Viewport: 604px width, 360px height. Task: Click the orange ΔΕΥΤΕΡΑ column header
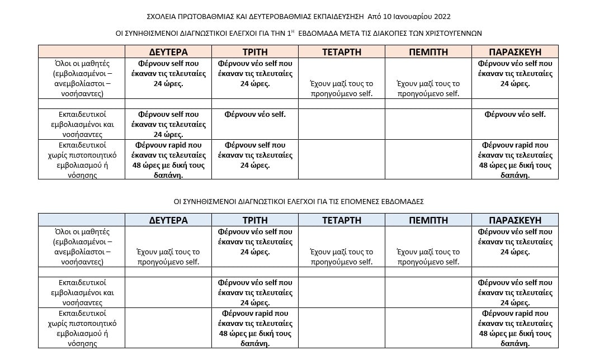(x=168, y=52)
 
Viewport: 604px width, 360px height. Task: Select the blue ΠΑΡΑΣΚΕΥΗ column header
(x=515, y=220)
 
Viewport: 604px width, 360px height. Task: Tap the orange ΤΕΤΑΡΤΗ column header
(x=342, y=52)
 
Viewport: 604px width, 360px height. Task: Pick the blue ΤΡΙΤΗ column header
(x=255, y=220)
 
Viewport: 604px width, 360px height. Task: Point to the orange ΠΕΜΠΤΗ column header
(x=428, y=52)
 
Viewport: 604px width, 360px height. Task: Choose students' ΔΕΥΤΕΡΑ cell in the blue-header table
(x=168, y=257)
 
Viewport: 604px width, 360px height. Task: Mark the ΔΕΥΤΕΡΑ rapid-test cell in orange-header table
(x=168, y=160)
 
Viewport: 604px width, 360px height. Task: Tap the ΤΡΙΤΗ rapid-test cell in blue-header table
(x=255, y=328)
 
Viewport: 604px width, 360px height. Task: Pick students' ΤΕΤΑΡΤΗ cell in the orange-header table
(x=342, y=88)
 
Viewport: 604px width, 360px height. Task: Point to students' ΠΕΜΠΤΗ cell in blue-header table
(x=428, y=257)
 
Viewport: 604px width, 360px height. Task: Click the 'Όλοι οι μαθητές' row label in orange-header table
(x=82, y=78)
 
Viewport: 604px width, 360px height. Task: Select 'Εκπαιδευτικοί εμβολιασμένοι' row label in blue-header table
(x=82, y=292)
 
